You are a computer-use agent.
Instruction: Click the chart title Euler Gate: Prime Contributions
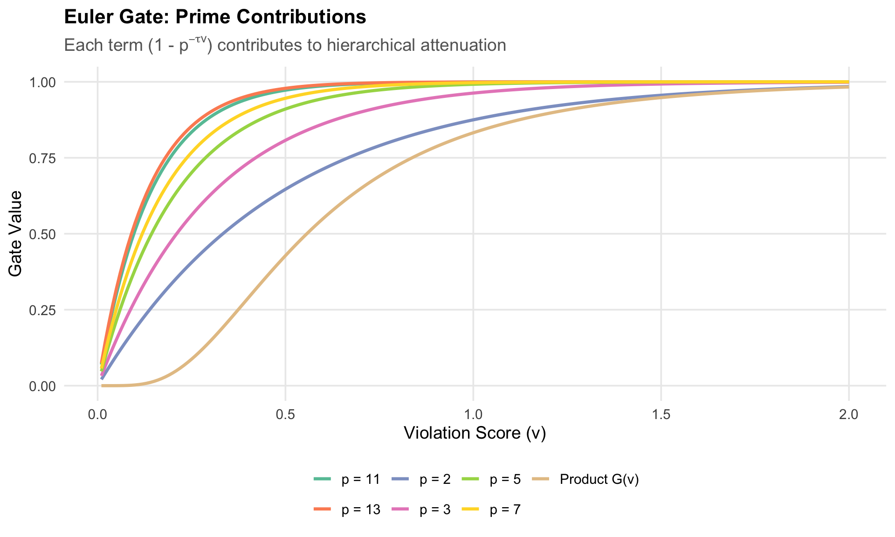click(215, 17)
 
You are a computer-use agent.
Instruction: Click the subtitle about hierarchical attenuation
click(285, 45)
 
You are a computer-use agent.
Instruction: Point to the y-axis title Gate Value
click(15, 234)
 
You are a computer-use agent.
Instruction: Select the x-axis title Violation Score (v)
click(475, 433)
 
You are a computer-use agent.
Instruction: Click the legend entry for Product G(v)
click(599, 480)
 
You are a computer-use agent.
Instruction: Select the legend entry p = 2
click(435, 480)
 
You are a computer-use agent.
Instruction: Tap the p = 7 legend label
click(505, 510)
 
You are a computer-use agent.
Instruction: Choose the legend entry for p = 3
click(435, 510)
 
